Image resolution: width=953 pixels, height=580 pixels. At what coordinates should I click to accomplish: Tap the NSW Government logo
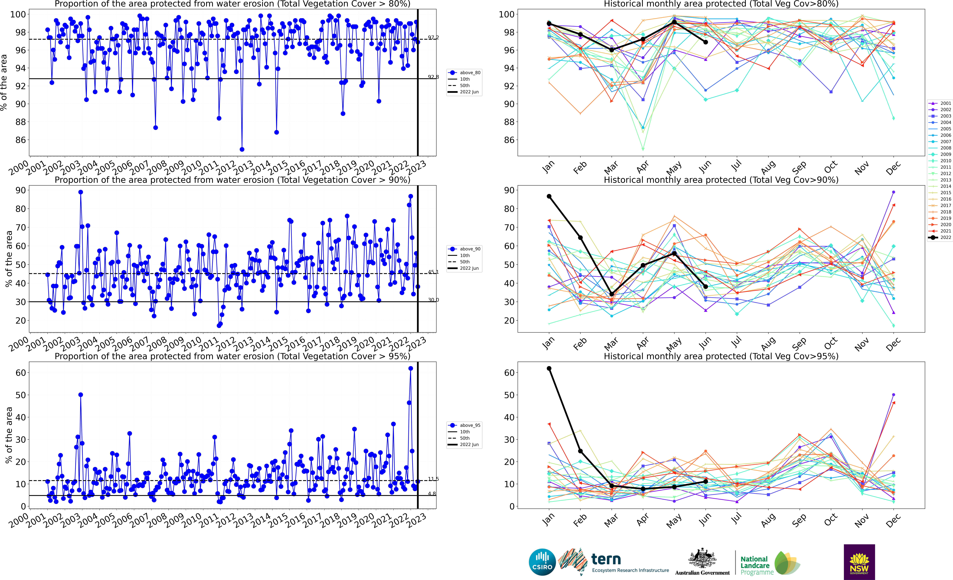(859, 562)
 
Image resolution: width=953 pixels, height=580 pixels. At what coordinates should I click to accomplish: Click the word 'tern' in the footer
(606, 559)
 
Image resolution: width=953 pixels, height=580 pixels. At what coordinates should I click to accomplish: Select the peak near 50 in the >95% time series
(80, 395)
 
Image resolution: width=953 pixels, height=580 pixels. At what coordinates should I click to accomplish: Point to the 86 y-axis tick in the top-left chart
(21, 140)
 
